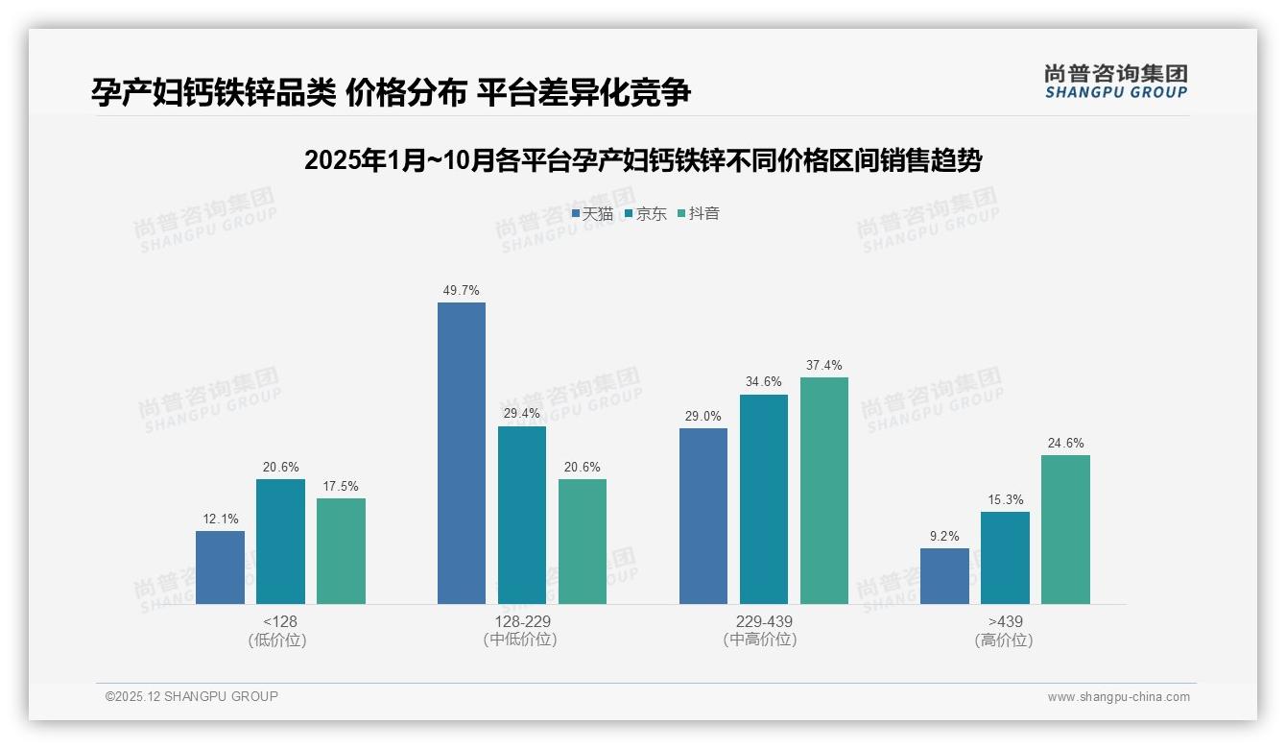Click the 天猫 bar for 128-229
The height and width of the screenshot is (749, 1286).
tap(462, 453)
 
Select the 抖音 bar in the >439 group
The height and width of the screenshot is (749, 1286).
tap(1065, 529)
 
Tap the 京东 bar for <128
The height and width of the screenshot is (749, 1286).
tap(280, 542)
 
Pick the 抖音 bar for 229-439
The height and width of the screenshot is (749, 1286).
tap(824, 491)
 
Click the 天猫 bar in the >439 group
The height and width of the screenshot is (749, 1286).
tap(944, 576)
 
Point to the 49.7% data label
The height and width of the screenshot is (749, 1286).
tap(462, 290)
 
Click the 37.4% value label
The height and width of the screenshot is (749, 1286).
tap(824, 365)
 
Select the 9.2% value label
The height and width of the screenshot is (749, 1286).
tap(944, 536)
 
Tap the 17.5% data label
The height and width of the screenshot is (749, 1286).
tap(341, 486)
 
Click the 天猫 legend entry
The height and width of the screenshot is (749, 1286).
tap(593, 213)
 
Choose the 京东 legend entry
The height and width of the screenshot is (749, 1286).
tap(646, 213)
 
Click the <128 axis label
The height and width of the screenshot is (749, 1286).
tap(279, 621)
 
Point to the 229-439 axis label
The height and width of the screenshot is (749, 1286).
tap(763, 621)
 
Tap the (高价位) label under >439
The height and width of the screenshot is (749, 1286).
tap(1004, 640)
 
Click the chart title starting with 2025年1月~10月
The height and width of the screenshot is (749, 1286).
tap(642, 160)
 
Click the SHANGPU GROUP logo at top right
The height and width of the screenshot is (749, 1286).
tap(1115, 82)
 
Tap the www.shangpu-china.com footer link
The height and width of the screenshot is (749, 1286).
tap(1118, 697)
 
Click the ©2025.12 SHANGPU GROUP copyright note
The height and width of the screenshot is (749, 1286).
tap(192, 696)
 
